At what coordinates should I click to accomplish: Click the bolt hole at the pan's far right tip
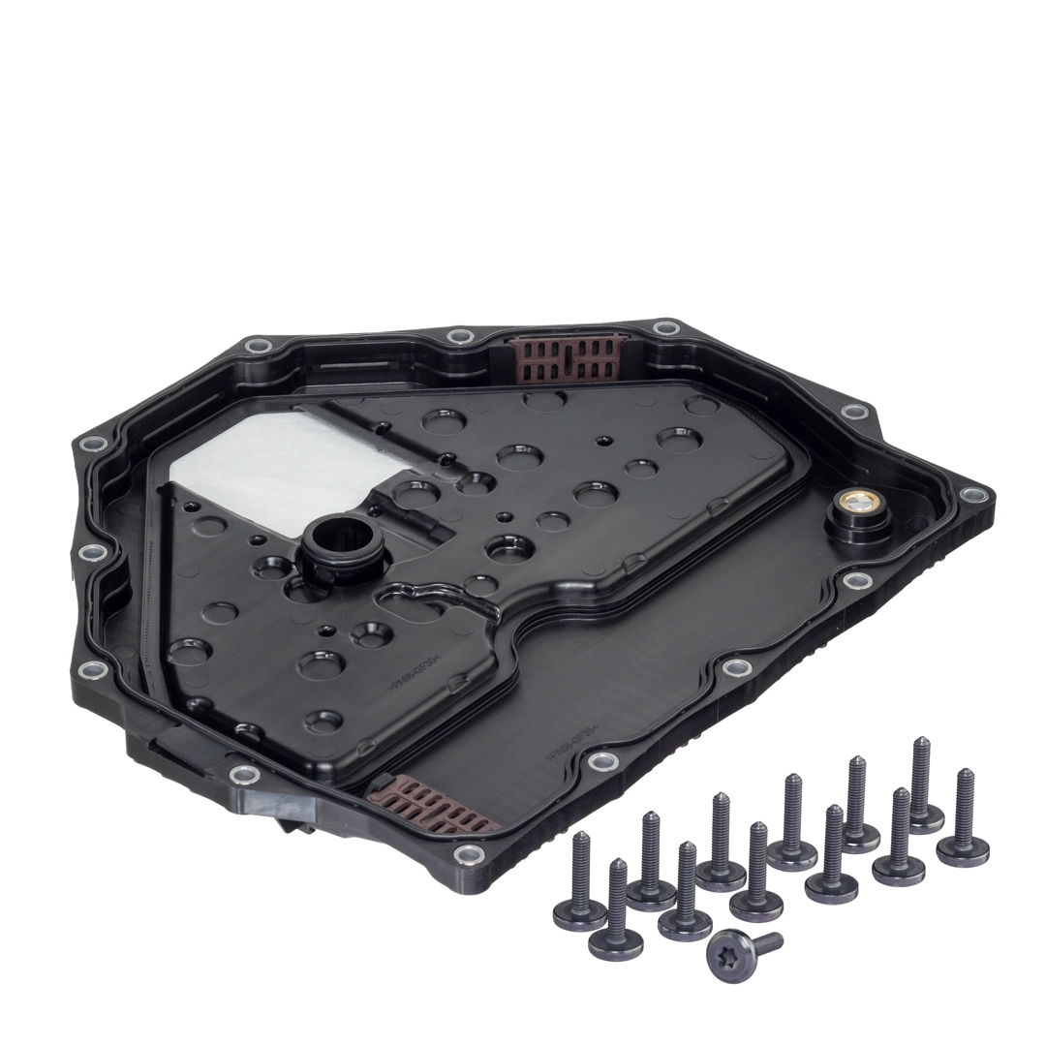pyautogui.click(x=972, y=494)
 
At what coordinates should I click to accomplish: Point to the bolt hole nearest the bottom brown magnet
pyautogui.click(x=470, y=854)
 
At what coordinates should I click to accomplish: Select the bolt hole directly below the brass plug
pyautogui.click(x=857, y=581)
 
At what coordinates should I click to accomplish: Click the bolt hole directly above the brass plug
pyautogui.click(x=854, y=412)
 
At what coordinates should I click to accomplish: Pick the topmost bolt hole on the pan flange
pyautogui.click(x=665, y=327)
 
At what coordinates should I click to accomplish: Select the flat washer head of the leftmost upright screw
pyautogui.click(x=580, y=912)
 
